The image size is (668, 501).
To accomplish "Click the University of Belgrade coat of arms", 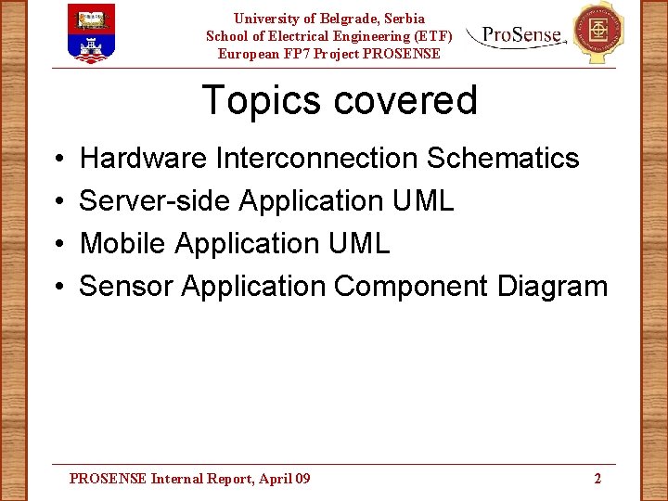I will (92, 32).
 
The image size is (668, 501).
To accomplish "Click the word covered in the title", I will (405, 100).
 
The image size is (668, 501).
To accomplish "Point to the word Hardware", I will (144, 159).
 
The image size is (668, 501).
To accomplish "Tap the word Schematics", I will (503, 159).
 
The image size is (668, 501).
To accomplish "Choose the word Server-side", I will (155, 201).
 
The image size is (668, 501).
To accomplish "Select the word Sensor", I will (126, 287).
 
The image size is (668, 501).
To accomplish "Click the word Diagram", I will (552, 287).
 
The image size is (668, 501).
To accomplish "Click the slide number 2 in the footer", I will (597, 479).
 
